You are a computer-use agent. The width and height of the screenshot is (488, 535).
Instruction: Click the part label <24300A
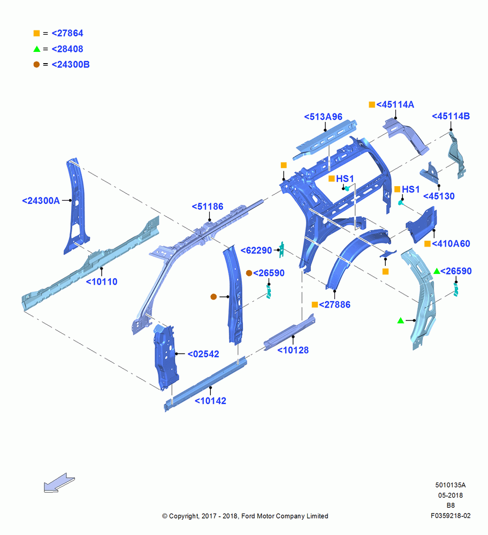coord(41,201)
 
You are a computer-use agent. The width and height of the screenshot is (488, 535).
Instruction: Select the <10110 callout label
coord(102,282)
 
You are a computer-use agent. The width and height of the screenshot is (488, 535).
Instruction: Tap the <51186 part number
coord(208,207)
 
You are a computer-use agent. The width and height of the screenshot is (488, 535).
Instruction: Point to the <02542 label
coord(203,354)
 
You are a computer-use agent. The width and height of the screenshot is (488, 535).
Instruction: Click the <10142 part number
coord(210,401)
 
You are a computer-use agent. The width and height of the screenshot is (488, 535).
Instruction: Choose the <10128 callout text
coord(293,350)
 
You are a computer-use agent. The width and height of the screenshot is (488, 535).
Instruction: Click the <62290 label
coord(256,250)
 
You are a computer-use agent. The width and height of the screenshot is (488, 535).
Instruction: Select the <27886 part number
coord(334,305)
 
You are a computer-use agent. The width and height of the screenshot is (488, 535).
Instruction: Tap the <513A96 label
coord(323,117)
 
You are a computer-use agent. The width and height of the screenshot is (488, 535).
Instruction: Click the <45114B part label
coord(451,116)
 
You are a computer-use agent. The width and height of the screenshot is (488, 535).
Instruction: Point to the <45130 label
coord(439,196)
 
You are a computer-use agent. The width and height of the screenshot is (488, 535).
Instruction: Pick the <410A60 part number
coord(451,243)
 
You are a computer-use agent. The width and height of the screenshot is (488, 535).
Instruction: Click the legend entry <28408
coord(67,49)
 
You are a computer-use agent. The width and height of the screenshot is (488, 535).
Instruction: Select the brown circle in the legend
coord(36,65)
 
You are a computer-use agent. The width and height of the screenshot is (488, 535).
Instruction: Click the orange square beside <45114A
coord(372,104)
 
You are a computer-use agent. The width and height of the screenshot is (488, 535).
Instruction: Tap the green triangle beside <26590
coord(437,271)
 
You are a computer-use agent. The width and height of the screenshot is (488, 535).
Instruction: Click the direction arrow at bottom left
coord(59,483)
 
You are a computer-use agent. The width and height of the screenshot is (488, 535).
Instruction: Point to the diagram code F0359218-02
coord(451,516)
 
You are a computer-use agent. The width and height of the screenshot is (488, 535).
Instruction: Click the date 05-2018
coord(451,495)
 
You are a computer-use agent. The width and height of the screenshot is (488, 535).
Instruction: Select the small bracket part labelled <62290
coord(281,249)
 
